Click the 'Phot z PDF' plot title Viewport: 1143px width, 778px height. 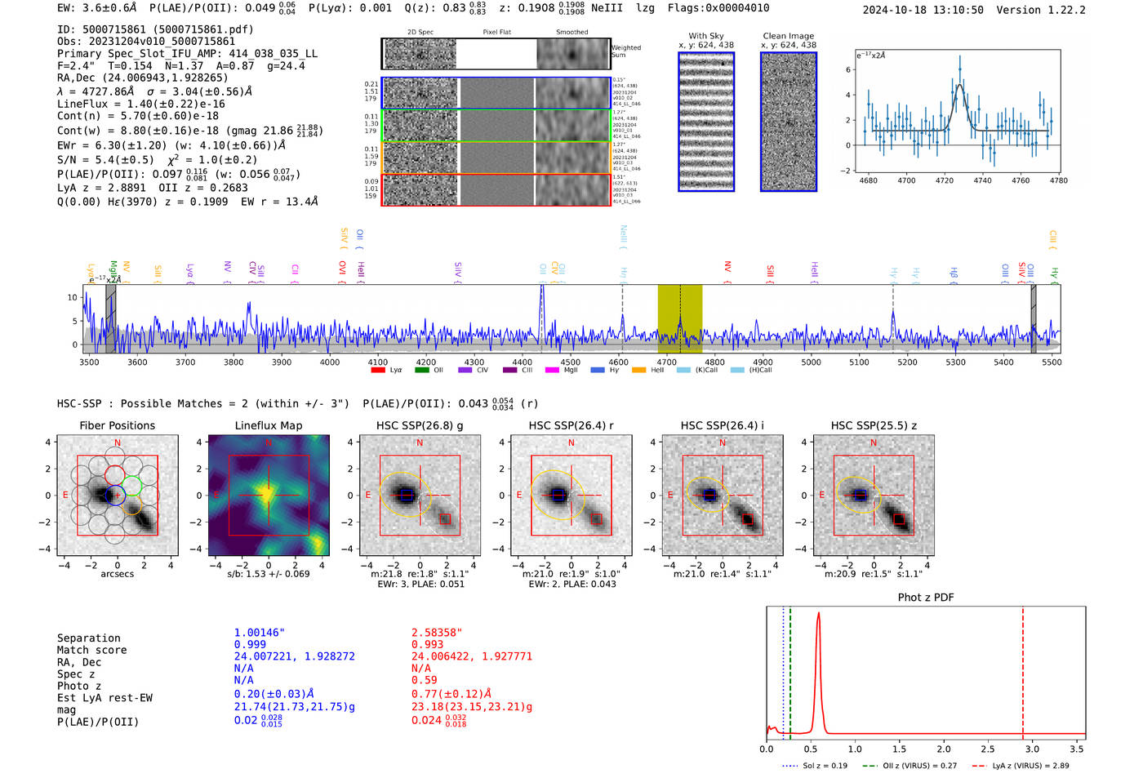pos(926,598)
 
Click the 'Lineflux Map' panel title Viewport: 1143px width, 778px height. pos(269,425)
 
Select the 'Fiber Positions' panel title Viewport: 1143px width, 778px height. pos(118,425)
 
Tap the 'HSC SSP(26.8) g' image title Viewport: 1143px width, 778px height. pos(420,425)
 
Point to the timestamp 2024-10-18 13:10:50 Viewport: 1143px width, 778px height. pos(923,10)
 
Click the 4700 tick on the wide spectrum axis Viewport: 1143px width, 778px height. pos(667,362)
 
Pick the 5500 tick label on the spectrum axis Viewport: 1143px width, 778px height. pos(1052,362)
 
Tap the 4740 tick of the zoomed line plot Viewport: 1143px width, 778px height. pos(982,180)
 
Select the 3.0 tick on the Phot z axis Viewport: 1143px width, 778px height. pos(1032,749)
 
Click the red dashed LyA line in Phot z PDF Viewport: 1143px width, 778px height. pos(1023,669)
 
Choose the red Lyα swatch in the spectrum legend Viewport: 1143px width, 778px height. pos(378,371)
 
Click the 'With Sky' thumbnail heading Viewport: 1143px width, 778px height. pos(706,36)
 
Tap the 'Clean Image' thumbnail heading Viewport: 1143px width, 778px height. pos(789,36)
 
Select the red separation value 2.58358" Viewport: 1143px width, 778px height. pos(437,633)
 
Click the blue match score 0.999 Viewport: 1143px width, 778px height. pos(250,645)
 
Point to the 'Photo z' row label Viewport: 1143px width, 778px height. pos(79,686)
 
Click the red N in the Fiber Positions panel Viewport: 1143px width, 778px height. pos(118,443)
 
